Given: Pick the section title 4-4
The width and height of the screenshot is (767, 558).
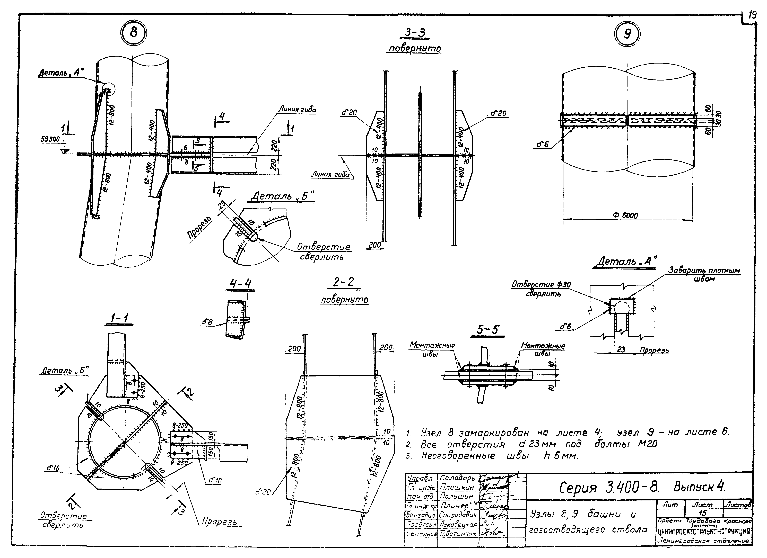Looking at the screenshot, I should point(240,284).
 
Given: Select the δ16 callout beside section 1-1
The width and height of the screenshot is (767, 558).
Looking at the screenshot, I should point(53,469).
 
